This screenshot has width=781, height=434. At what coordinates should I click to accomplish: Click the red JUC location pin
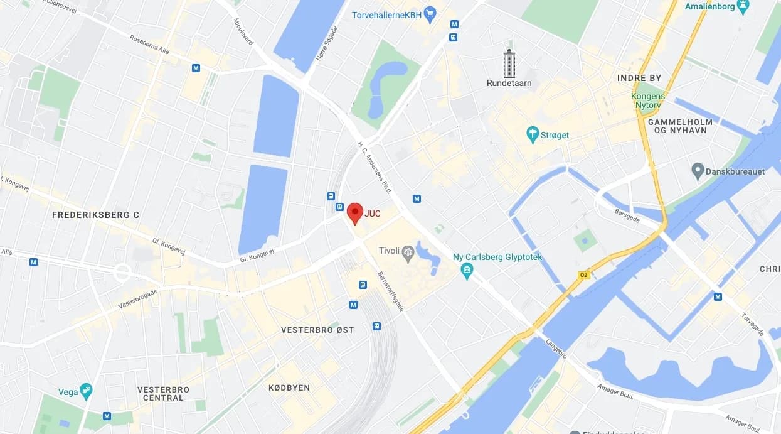click(x=355, y=213)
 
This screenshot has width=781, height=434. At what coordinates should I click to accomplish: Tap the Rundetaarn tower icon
click(x=509, y=63)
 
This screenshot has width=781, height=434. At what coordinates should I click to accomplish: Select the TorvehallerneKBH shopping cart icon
click(x=430, y=14)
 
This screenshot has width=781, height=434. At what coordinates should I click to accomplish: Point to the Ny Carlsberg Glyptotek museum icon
click(x=466, y=271)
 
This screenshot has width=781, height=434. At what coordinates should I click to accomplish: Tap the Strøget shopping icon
click(x=533, y=134)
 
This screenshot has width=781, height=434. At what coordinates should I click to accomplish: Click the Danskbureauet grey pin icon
click(x=698, y=170)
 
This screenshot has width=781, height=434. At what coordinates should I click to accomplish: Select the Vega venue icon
click(x=86, y=391)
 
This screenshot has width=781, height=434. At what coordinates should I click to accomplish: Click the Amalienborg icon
click(x=743, y=6)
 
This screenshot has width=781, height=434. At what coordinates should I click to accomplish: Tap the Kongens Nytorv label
click(x=649, y=100)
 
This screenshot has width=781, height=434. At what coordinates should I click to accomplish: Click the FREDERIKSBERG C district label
click(x=95, y=215)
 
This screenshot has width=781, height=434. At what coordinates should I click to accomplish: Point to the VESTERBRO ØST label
click(x=317, y=330)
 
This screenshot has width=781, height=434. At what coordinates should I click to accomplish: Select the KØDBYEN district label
click(x=289, y=388)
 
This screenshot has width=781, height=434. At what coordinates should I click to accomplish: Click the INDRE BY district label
click(x=639, y=78)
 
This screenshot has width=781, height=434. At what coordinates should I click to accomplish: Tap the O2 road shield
click(x=583, y=275)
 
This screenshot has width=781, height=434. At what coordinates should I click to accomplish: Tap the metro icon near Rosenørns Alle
click(x=196, y=68)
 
